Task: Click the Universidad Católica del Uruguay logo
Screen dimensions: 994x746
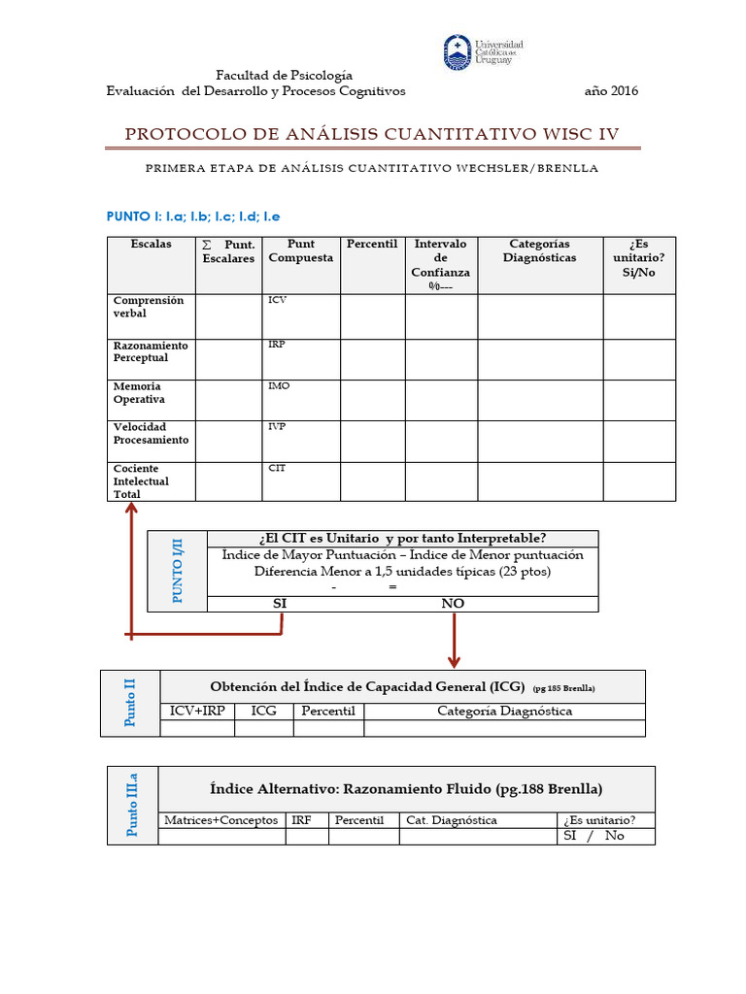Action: click(x=483, y=52)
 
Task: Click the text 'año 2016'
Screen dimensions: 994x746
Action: click(x=611, y=91)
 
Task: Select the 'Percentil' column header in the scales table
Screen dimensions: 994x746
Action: click(x=372, y=244)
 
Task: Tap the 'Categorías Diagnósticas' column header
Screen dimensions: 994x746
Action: click(x=539, y=250)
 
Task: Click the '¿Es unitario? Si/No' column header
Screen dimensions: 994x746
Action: click(x=639, y=257)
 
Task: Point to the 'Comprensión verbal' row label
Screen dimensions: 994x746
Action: click(x=148, y=308)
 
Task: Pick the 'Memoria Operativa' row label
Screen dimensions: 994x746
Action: click(x=139, y=393)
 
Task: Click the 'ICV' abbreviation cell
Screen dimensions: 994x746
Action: click(x=277, y=301)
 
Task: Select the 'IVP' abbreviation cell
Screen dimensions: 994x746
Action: click(x=277, y=427)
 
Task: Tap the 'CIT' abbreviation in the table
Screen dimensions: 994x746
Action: click(x=277, y=468)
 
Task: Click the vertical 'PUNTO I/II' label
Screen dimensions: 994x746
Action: click(x=177, y=572)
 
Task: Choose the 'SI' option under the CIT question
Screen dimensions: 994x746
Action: click(x=280, y=604)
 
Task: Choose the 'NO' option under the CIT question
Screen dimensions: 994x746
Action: click(x=453, y=604)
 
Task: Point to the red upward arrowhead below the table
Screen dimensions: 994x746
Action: click(x=129, y=495)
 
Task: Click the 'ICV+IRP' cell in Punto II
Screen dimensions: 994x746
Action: click(x=197, y=712)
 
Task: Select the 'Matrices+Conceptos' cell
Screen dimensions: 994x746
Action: click(x=220, y=820)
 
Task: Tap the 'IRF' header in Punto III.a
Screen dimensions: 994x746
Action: click(x=302, y=820)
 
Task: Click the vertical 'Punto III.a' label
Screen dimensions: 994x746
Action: click(x=133, y=805)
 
